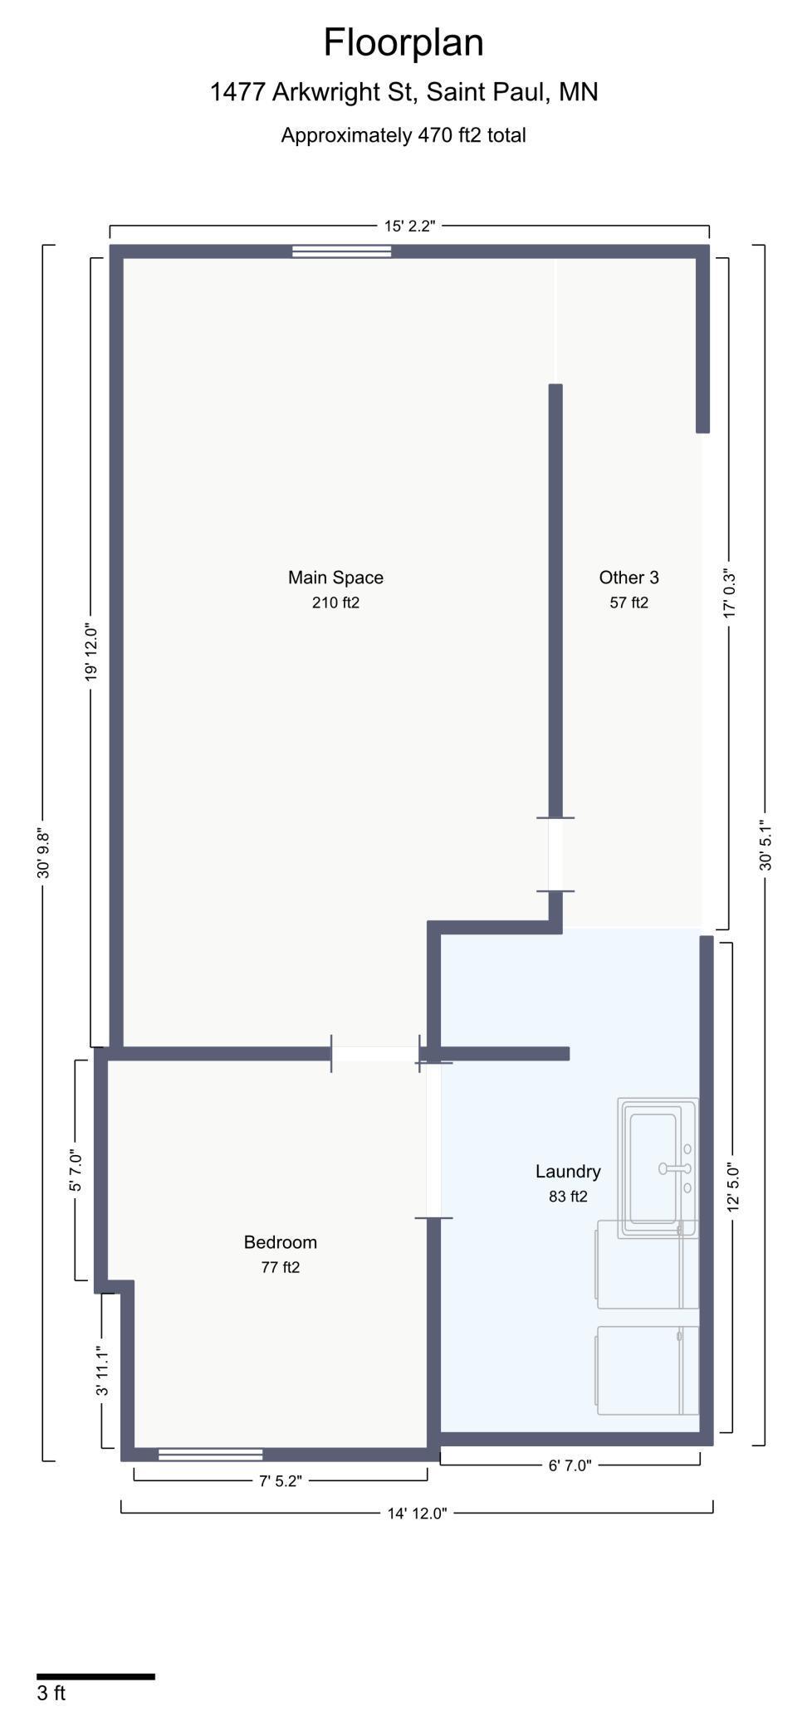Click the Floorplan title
[403, 43]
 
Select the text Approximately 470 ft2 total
[403, 135]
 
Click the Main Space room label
[335, 578]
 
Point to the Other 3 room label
[628, 578]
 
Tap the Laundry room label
[568, 1172]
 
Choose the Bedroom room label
[280, 1242]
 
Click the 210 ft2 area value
[335, 602]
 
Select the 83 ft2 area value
[568, 1197]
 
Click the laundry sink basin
[653, 1168]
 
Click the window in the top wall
[341, 251]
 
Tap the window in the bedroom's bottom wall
[211, 1454]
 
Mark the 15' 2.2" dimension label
[409, 227]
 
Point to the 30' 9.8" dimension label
[43, 855]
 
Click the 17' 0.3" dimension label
[730, 592]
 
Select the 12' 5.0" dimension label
[733, 1187]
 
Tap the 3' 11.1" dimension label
[102, 1371]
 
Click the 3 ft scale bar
[95, 1677]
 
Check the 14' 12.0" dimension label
[417, 1514]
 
